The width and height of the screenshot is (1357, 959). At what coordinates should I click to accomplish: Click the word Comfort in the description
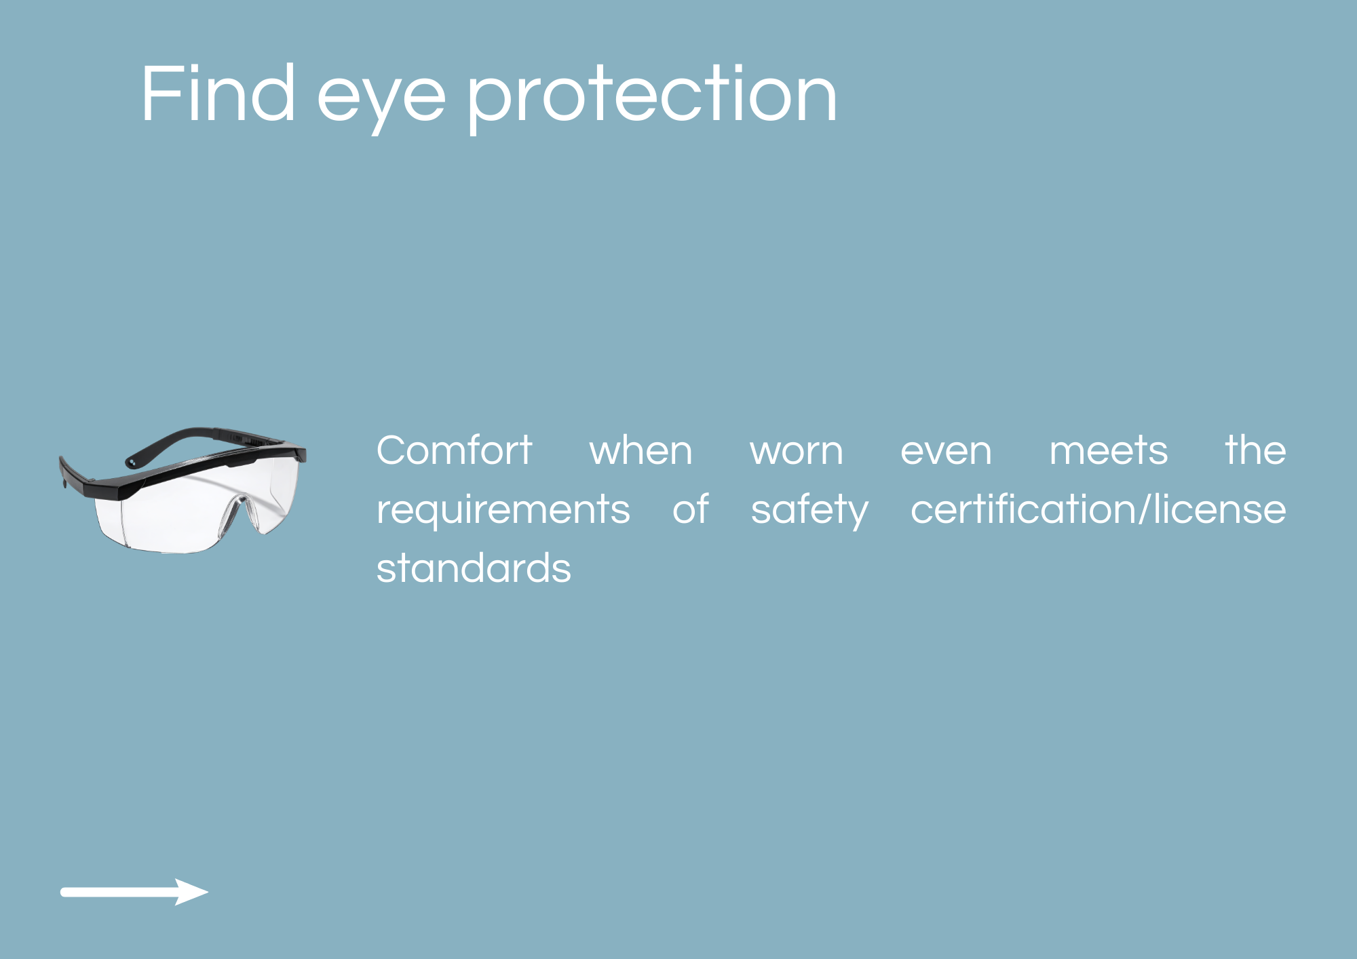[454, 450]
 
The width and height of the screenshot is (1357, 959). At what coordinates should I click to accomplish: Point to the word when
[641, 450]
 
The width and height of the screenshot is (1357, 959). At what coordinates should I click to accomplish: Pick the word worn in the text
[797, 453]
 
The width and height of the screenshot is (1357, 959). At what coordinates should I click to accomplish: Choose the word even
[946, 453]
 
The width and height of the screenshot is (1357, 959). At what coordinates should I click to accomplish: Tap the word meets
[1109, 450]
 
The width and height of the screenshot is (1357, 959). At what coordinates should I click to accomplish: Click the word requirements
[503, 510]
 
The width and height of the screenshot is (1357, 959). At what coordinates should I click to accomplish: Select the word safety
[809, 510]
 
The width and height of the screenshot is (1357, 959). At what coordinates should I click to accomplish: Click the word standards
[474, 568]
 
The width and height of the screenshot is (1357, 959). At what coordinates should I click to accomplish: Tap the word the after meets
[1256, 450]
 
